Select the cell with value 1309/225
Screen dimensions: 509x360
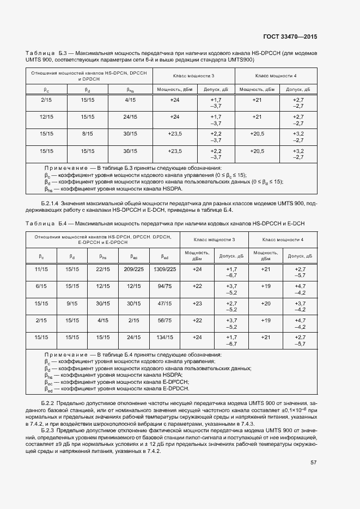coord(165,269)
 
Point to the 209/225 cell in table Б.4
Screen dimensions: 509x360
coord(133,269)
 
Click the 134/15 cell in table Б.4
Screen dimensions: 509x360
coord(165,337)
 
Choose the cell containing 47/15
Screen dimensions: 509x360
coord(165,303)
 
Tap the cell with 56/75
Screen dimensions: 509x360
coord(165,320)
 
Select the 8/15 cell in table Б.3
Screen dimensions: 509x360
coord(87,133)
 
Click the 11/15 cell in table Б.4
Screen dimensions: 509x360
coord(41,269)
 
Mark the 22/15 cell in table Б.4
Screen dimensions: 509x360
coord(103,269)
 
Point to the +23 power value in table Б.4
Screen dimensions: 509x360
coord(197,303)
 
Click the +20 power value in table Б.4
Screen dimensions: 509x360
coord(265,303)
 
